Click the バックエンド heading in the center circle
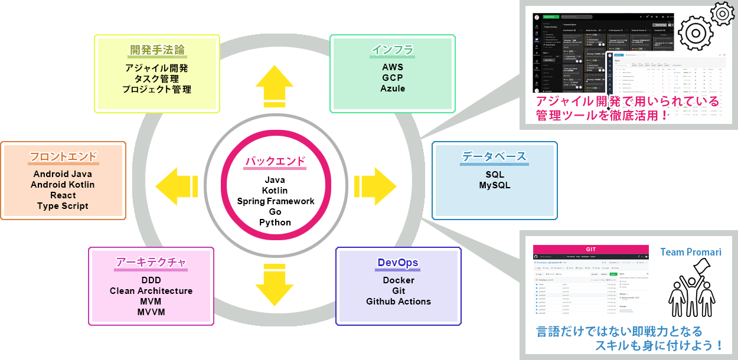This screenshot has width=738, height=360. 275,161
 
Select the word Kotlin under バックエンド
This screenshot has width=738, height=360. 275,191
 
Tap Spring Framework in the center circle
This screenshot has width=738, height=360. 276,201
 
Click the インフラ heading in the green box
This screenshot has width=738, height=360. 393,50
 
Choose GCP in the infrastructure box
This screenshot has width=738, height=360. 393,78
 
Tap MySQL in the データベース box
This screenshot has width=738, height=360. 495,185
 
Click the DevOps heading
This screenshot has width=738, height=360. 398,263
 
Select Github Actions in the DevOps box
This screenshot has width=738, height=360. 399,302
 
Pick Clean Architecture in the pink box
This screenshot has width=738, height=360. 151,291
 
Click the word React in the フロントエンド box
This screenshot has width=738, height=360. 63,195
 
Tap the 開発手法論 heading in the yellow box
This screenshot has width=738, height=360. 157,50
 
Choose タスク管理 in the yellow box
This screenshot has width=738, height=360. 157,78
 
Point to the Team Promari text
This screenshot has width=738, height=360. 690,253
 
